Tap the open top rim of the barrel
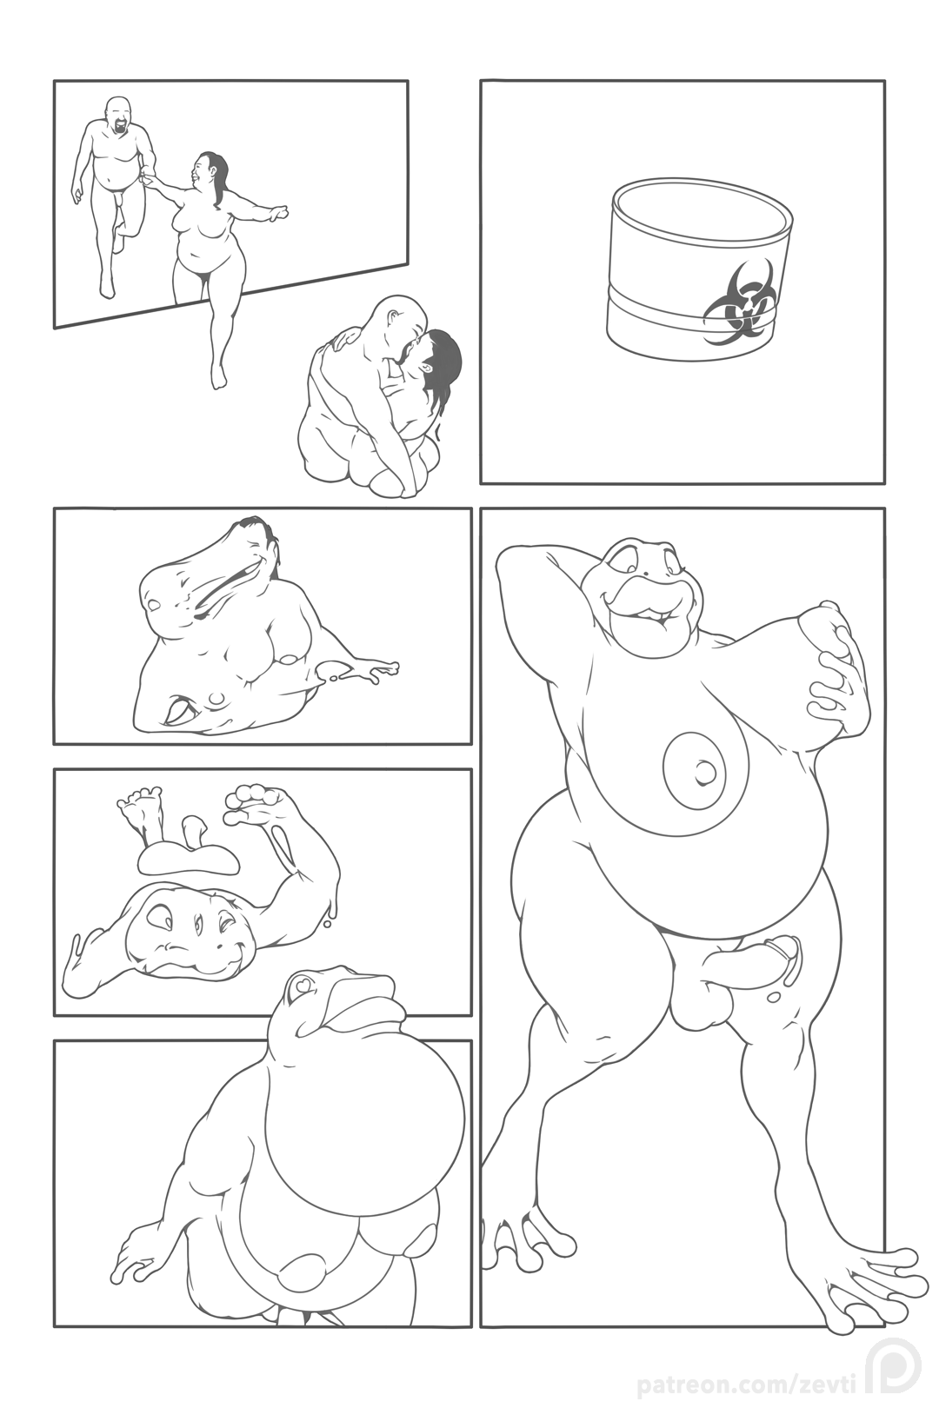701,189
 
